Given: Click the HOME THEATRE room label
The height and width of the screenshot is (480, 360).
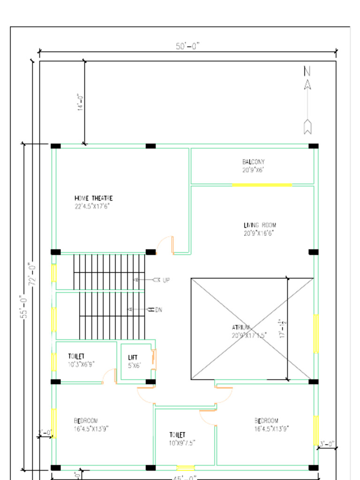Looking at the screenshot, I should pos(93,198).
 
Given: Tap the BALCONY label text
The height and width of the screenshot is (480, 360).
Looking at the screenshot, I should pos(253,162).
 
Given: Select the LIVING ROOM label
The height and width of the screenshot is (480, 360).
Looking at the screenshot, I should pos(259,225).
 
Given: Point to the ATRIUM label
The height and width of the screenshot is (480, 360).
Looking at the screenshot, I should pos(241,327).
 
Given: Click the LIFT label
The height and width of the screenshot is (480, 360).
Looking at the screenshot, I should pos(133,358).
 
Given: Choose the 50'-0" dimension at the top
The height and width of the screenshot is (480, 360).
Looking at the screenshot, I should pos(187,46).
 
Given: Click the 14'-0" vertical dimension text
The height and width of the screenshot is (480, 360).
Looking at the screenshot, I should pos(81,102).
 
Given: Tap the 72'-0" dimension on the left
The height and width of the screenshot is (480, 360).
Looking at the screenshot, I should pos(32,274).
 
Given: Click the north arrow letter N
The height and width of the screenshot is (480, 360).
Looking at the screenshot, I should pos(307,71).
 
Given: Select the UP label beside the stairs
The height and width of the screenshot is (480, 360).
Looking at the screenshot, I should pos(166,280).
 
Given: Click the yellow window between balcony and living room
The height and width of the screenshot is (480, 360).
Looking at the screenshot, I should pos(262,185).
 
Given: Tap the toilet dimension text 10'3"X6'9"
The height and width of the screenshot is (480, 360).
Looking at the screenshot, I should pos(81,364).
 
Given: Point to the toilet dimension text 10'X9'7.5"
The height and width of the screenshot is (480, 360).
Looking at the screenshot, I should pos(182,442).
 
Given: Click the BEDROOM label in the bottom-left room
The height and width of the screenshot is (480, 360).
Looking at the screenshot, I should pos(86,421).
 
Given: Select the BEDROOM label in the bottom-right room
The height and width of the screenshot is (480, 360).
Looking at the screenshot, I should pos(266,421).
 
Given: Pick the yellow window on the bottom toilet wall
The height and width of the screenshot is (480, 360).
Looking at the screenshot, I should pos(185,468).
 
